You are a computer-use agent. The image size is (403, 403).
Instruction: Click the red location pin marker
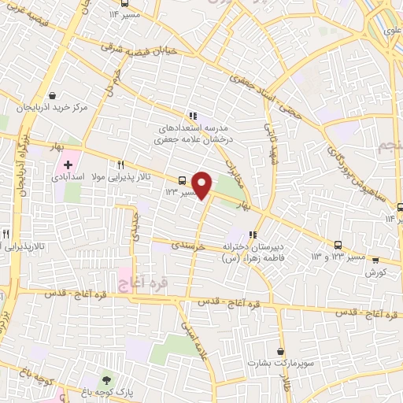203,186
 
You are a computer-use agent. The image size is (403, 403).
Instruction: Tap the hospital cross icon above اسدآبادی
68,165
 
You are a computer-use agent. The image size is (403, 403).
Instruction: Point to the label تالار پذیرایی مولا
120,179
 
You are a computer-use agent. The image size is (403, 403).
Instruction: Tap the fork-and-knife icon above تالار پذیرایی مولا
120,165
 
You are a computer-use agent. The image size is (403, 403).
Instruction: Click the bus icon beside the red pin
183,179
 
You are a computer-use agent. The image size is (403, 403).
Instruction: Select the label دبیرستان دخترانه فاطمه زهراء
252,251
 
